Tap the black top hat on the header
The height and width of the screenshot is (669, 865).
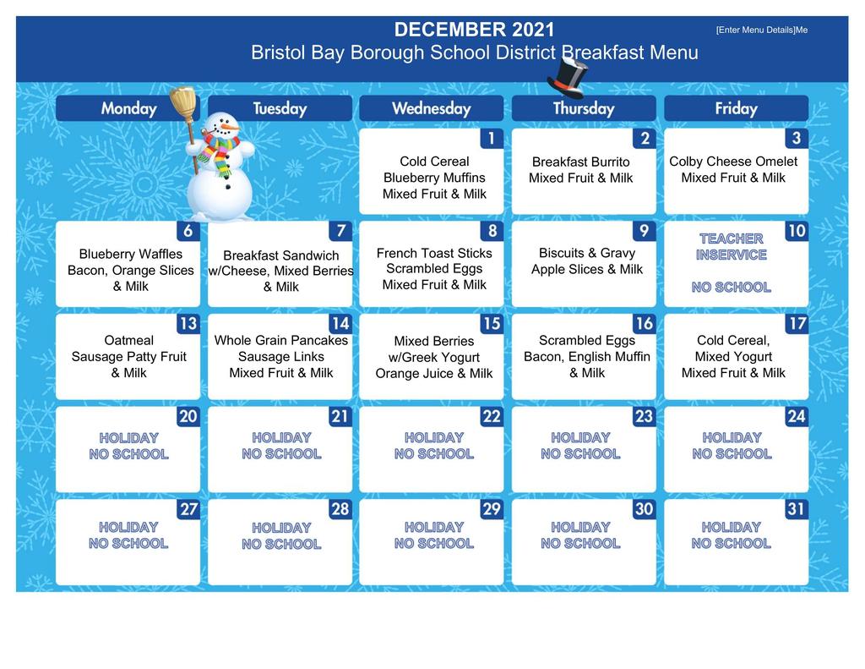pos(567,77)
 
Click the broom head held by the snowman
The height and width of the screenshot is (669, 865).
pos(182,102)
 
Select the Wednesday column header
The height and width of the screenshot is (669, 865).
pos(432,108)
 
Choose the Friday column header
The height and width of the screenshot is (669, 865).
pos(736,108)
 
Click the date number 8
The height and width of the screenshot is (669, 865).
pos(492,231)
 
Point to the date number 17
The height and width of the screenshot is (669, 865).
pos(797,324)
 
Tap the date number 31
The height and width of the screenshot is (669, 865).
pos(796,509)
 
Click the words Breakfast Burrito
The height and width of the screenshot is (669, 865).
pos(581,162)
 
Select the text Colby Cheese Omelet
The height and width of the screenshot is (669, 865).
pos(733,162)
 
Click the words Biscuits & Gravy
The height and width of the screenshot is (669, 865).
pos(587,253)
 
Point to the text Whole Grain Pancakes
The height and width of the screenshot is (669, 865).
pos(280,340)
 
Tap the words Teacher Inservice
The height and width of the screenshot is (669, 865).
pos(731,246)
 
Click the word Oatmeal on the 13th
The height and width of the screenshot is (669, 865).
pos(129,340)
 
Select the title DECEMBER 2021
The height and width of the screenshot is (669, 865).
pos(475,30)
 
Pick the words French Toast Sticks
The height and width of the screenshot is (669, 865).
pos(434,253)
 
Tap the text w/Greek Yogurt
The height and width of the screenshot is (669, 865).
pos(434,358)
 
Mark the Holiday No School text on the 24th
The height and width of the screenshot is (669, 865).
pos(732,446)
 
